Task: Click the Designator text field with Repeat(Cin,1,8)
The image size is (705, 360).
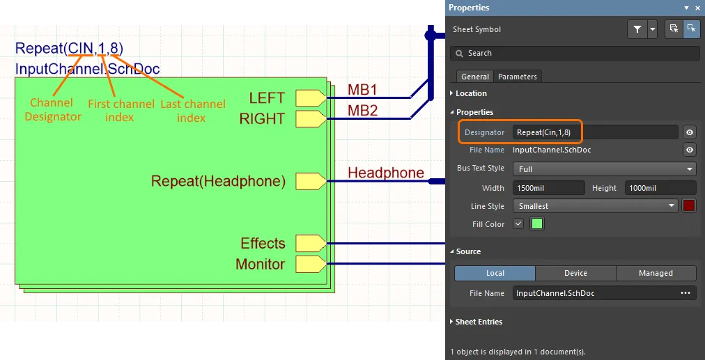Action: coord(595,132)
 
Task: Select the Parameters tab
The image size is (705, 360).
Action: coord(518,77)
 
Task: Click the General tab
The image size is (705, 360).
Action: coord(475,77)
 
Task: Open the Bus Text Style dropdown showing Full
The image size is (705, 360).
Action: coord(604,169)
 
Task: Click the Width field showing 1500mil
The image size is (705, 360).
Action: coord(548,188)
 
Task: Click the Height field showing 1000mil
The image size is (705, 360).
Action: coord(660,188)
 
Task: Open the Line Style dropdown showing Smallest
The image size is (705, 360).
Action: coord(596,206)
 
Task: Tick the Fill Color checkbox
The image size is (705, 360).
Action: coord(518,224)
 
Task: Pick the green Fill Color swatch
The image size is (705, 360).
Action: coord(537,224)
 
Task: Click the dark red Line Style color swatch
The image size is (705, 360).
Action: coord(689,206)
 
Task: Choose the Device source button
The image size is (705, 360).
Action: coord(575,273)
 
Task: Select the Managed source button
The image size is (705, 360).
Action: coord(656,273)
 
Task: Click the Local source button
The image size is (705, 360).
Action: coord(495,273)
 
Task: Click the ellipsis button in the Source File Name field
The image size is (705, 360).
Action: coord(685,293)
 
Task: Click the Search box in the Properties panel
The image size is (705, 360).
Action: coord(575,53)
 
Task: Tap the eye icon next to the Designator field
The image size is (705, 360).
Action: coord(690,132)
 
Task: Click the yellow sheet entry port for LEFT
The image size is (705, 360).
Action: coord(311,97)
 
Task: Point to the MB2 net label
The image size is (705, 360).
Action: coord(362,111)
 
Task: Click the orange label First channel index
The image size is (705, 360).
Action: coord(121,111)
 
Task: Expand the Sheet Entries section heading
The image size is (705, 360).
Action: coord(479,322)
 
